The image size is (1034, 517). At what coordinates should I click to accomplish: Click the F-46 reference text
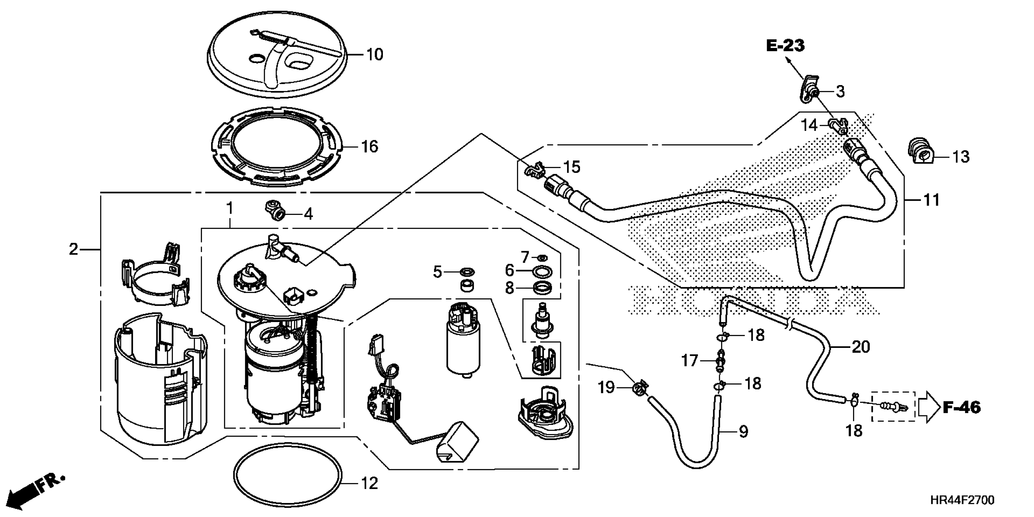[x=962, y=408]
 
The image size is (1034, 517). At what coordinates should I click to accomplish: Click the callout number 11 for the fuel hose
[x=932, y=200]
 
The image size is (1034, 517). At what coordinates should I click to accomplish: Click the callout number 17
[x=690, y=360]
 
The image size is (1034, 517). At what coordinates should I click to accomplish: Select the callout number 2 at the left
[x=73, y=249]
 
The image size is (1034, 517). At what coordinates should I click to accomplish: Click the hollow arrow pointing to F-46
[x=928, y=408]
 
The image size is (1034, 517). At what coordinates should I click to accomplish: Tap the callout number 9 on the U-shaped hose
[x=743, y=432]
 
